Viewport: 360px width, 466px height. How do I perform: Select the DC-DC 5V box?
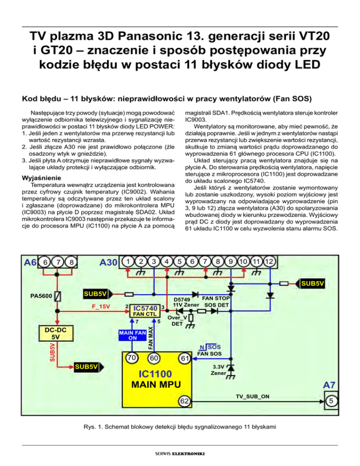(55, 334)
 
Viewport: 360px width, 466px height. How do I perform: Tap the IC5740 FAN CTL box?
(144, 310)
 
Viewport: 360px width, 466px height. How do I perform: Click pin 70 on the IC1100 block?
(133, 358)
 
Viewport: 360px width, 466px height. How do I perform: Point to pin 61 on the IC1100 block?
(184, 359)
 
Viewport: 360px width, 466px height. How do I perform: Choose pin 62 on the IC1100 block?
(184, 401)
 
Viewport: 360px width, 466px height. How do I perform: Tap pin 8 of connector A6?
(71, 263)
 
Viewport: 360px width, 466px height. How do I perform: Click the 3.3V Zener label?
(218, 370)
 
